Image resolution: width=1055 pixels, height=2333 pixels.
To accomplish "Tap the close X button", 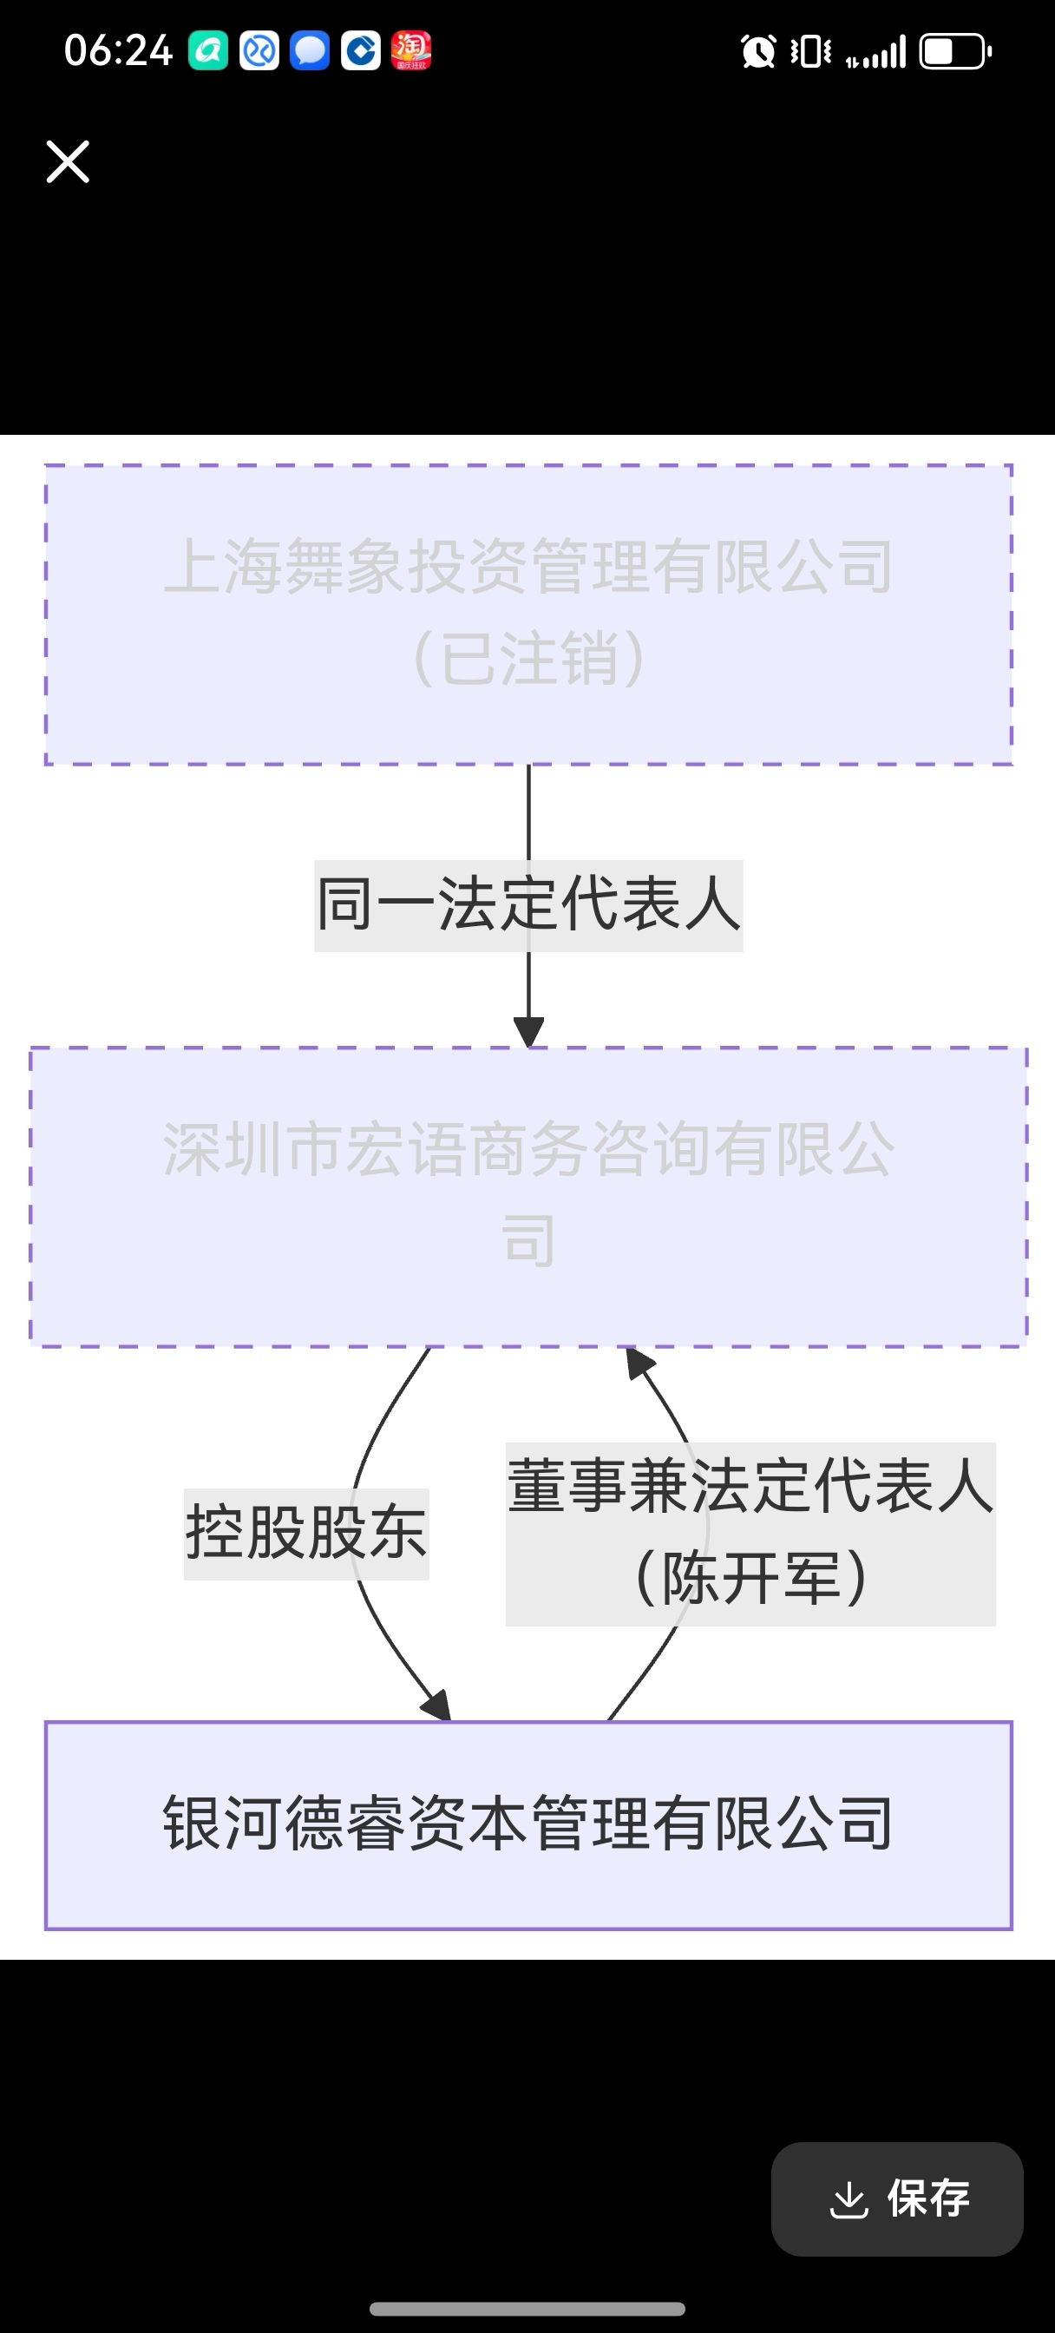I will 68,162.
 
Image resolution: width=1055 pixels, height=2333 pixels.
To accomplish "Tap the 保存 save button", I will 896,2198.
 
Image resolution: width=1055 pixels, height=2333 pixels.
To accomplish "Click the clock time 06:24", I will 118,50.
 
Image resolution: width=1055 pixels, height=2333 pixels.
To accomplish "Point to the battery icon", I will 954,51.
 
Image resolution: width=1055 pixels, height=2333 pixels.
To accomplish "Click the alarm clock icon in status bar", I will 758,51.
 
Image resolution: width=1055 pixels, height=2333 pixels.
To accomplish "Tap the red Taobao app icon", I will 411,50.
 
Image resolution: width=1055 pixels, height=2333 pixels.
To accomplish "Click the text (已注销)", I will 528,658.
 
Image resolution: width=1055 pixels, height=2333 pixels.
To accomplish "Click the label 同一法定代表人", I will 528,904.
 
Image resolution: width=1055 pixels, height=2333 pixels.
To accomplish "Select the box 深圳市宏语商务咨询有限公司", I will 528,1195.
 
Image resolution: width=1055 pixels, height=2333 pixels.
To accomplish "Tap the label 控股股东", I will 306,1534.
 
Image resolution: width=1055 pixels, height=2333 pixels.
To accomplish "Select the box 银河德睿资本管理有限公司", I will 528,1824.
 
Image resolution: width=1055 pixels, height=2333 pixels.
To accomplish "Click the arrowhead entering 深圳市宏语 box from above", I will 529,1032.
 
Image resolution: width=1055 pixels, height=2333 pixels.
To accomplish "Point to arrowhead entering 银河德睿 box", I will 438,1706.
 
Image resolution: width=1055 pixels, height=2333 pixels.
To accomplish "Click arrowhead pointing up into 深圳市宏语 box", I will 639,1363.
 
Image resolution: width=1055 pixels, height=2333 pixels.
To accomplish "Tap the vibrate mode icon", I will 810,51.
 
